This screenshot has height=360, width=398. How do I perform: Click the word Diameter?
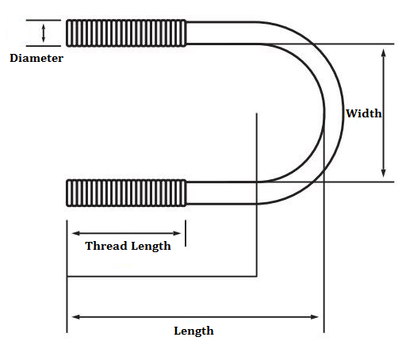[36, 58]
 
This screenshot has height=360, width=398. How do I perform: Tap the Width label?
[364, 113]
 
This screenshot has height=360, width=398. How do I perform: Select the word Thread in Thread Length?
[106, 246]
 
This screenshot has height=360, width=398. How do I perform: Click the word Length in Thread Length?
[151, 246]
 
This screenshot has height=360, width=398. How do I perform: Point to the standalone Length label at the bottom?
[193, 331]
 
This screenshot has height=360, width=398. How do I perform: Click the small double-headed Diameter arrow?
[44, 33]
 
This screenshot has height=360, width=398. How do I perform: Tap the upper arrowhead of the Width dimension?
[383, 52]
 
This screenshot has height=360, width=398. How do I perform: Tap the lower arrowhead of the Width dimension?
[383, 174]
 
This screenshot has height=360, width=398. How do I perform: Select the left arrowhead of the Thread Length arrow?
[75, 233]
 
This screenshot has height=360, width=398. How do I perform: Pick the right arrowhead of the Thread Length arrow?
[177, 233]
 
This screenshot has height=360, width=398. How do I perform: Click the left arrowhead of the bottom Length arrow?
[75, 316]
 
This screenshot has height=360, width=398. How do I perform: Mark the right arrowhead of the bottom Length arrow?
[315, 316]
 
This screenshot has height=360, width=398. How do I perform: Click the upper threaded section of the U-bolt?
[126, 33]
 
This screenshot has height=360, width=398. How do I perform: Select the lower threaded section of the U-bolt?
[126, 193]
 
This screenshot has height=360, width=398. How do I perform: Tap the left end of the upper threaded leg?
[67, 33]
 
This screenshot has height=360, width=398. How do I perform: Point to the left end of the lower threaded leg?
[67, 193]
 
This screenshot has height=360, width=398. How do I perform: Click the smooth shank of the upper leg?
[221, 33]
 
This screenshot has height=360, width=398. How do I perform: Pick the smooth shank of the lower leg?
[221, 193]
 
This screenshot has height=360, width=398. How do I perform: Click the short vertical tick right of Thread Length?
[186, 233]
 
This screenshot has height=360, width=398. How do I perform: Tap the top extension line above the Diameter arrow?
[44, 20]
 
